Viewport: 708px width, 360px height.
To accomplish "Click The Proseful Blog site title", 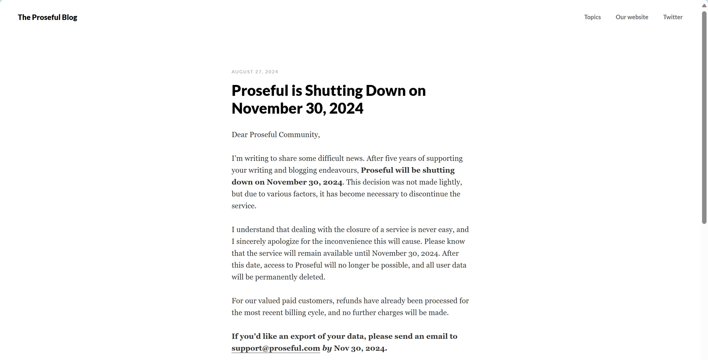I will pyautogui.click(x=47, y=17).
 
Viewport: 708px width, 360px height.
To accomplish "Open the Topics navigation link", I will pyautogui.click(x=592, y=17).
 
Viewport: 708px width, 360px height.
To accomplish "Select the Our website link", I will pyautogui.click(x=632, y=17).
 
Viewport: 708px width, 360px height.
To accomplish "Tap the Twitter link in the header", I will pyautogui.click(x=673, y=17).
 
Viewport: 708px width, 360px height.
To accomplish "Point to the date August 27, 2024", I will pyautogui.click(x=255, y=72).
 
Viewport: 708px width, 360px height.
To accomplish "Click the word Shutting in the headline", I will pyautogui.click(x=333, y=91).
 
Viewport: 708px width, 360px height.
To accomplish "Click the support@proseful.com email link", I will pyautogui.click(x=276, y=348).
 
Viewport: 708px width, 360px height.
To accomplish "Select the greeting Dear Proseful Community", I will pyautogui.click(x=275, y=135).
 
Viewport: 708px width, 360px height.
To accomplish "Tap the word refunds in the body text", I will pyautogui.click(x=348, y=301).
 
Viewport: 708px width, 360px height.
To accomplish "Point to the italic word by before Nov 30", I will pyautogui.click(x=327, y=348).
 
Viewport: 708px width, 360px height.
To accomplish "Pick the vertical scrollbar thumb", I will pyautogui.click(x=704, y=117).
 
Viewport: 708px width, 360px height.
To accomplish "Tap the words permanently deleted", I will pyautogui.click(x=290, y=277).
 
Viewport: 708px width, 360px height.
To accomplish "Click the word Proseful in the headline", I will pyautogui.click(x=260, y=91).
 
